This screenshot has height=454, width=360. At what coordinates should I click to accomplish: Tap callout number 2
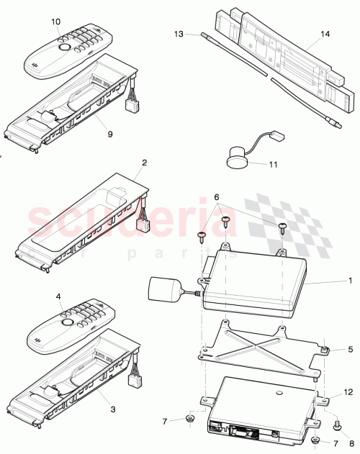[144, 163]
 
